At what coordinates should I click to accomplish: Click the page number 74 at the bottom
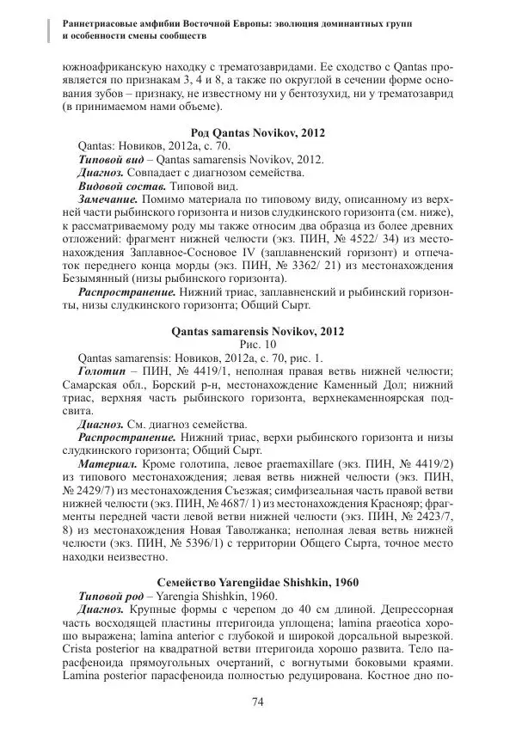point(257,703)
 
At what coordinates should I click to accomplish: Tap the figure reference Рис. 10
point(257,344)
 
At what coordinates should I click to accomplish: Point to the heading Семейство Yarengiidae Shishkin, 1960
point(257,582)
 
